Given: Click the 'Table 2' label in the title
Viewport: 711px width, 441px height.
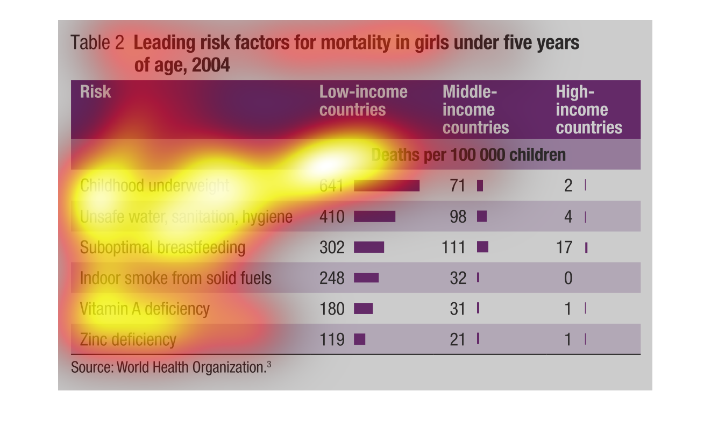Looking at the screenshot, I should [97, 42].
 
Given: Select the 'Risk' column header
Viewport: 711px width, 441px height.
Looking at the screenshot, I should [95, 92].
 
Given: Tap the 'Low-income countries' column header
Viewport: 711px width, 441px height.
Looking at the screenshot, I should [363, 101].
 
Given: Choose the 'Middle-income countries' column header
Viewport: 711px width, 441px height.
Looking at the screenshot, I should [475, 110].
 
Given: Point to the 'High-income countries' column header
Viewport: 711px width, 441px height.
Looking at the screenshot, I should [588, 110].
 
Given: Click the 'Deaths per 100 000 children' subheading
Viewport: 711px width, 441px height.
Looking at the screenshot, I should [468, 155].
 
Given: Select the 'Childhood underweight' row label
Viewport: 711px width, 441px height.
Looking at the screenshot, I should [154, 186].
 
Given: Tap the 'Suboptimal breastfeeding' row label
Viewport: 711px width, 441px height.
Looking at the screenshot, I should [162, 247].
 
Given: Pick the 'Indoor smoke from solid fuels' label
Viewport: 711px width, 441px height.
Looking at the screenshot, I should [175, 278].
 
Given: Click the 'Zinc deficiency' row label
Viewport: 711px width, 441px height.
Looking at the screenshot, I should [128, 340].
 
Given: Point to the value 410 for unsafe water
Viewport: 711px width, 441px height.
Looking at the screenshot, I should [332, 217].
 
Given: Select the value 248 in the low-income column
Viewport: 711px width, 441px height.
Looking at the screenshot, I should [332, 278].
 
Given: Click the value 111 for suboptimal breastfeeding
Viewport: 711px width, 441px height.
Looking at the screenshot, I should [453, 247].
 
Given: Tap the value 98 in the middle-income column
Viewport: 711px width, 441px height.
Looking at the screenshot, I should [457, 217].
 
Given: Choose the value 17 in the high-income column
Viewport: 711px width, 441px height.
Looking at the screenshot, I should [564, 247].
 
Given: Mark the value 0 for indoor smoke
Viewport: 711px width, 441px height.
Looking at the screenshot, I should [568, 278].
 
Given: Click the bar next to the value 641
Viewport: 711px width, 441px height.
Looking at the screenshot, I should [387, 186].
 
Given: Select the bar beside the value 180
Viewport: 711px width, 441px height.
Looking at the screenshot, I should [363, 309].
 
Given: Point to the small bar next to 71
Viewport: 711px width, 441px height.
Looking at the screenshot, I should [480, 186].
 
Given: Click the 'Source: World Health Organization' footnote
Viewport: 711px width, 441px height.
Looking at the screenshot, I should [170, 367].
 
